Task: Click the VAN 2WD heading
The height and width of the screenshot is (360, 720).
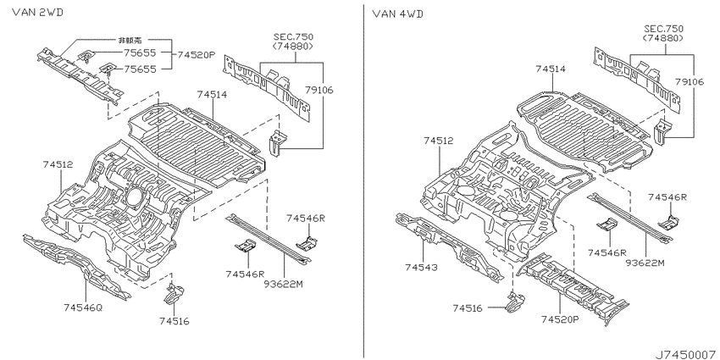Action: [x=37, y=12]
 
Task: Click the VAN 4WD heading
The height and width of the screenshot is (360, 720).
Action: [x=398, y=14]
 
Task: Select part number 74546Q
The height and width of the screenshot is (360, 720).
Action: [x=83, y=307]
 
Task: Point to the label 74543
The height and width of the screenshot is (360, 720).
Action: [x=422, y=267]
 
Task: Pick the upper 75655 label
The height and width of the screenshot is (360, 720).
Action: [x=140, y=53]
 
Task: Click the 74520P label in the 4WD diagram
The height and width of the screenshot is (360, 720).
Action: [x=560, y=319]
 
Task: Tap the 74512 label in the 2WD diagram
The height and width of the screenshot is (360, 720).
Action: [x=58, y=164]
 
